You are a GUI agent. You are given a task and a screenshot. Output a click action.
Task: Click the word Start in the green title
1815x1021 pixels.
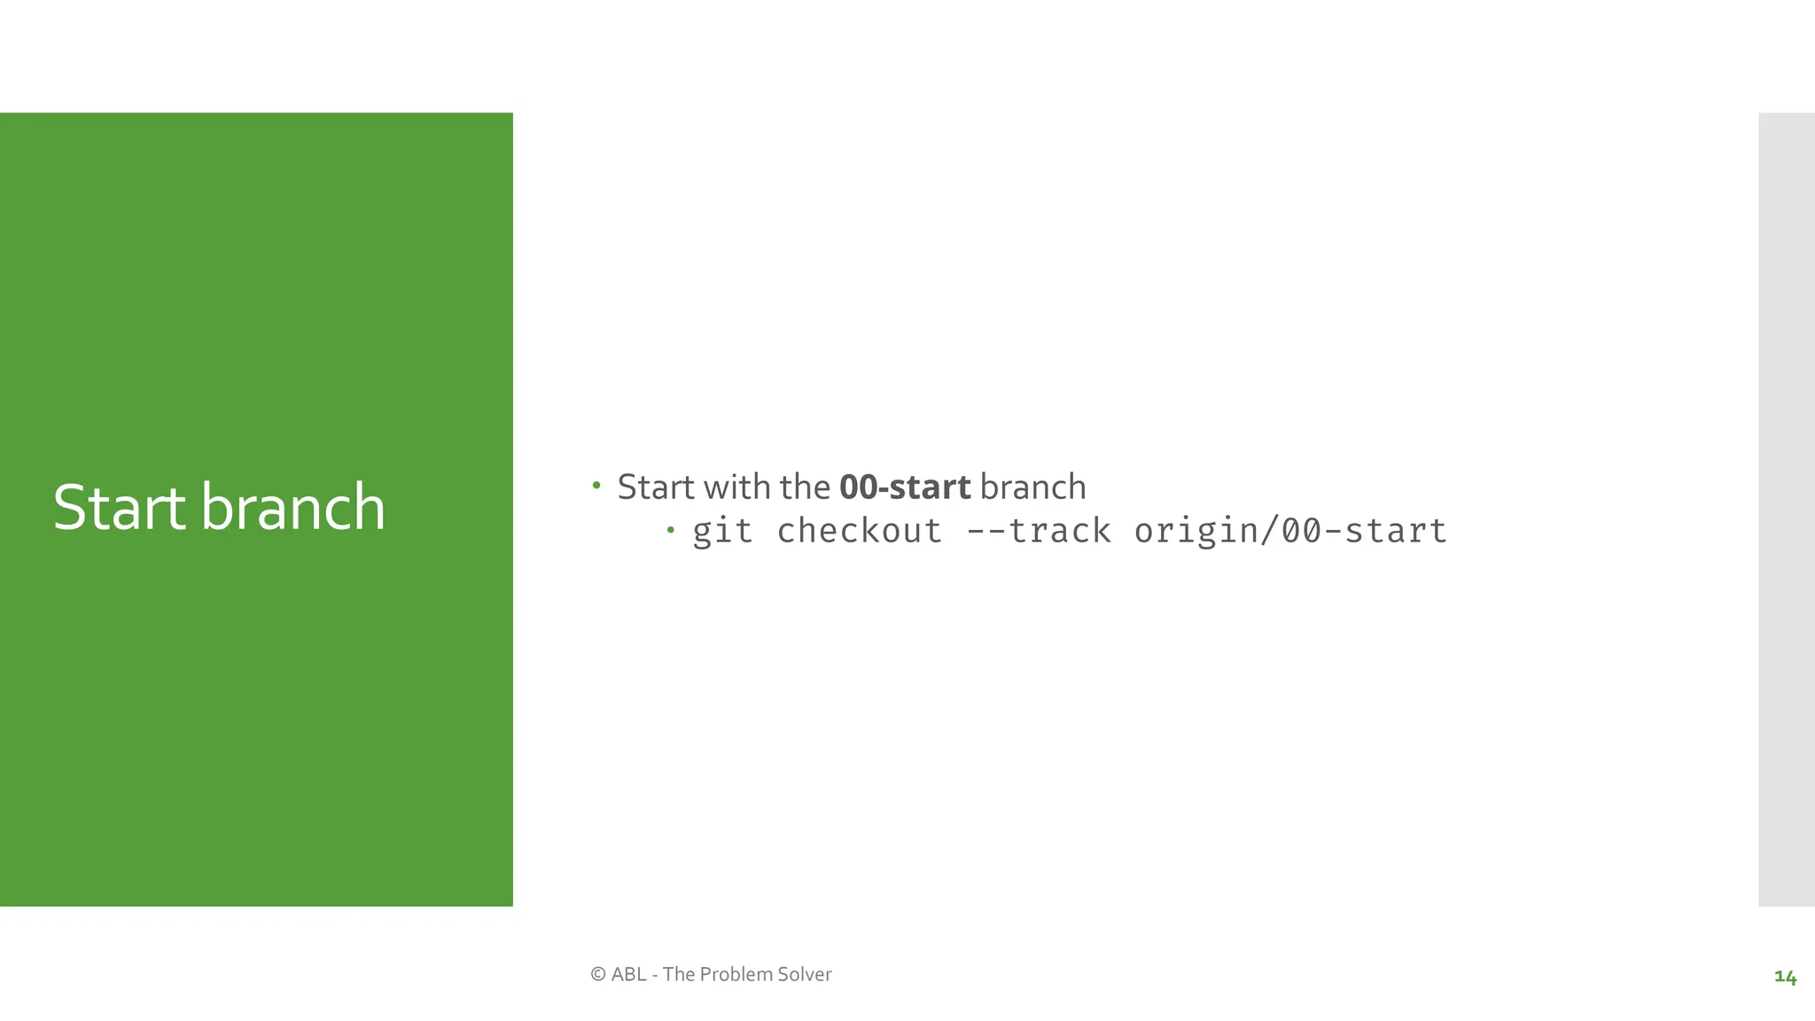(120, 508)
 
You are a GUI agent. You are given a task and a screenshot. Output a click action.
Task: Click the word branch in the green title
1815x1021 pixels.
(293, 508)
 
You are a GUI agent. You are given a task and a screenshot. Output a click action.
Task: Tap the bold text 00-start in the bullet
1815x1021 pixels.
(905, 487)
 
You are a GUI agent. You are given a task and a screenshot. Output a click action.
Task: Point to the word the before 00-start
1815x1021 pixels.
(805, 487)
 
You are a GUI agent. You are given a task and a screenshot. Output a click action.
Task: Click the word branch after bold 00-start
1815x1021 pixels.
(1032, 487)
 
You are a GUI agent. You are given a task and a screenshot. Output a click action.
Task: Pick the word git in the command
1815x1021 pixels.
(722, 531)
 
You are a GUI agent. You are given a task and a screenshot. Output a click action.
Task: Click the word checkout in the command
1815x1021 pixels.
(859, 531)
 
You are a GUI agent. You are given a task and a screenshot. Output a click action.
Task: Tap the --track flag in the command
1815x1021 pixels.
(1038, 531)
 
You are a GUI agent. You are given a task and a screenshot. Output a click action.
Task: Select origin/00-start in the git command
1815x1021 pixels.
(1290, 531)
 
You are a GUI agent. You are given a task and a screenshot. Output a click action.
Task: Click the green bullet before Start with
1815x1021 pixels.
(596, 485)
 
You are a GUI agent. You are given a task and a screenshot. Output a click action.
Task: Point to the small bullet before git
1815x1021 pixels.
(671, 530)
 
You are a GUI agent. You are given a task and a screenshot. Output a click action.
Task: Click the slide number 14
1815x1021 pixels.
(1785, 977)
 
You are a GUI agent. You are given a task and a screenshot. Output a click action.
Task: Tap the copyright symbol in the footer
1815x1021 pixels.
(598, 974)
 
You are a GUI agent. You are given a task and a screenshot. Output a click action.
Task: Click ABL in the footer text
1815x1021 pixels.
(628, 974)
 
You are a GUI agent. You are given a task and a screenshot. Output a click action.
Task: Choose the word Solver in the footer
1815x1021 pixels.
(804, 974)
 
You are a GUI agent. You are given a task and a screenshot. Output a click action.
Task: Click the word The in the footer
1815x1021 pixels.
(679, 974)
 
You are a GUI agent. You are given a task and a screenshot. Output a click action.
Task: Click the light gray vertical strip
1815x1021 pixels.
(1786, 509)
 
